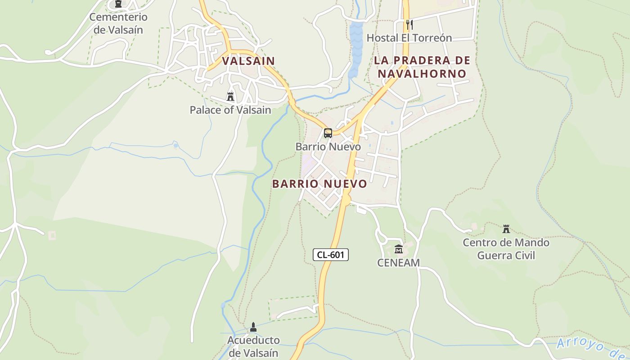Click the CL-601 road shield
coord(331,255)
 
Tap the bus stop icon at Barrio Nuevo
coord(328,133)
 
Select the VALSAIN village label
coord(248,61)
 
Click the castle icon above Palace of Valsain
coord(230,96)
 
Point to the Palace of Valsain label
coord(230,110)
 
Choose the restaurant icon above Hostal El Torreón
coord(409,24)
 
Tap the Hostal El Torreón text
coord(409,38)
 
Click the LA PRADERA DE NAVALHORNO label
coord(422,67)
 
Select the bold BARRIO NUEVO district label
coord(319,184)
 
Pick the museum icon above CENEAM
coord(398,249)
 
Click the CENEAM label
coord(398,262)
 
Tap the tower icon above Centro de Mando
coord(506,229)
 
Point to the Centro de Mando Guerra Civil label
coord(506,249)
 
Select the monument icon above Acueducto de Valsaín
coord(253,327)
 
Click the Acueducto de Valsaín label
coord(253,346)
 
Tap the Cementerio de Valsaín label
coord(118,23)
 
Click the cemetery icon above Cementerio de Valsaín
coord(118,4)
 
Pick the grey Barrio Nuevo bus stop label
coord(328,147)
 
